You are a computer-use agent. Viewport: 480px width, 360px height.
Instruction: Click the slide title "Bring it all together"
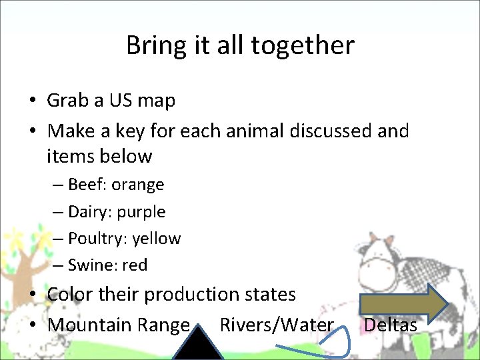[240, 45]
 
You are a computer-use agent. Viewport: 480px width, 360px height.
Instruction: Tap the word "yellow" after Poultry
[157, 239]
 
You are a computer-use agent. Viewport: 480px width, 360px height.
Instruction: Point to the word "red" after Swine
[135, 265]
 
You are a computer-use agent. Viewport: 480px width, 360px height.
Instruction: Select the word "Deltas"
[391, 325]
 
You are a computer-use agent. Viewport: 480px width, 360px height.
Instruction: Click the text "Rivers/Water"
[277, 325]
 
